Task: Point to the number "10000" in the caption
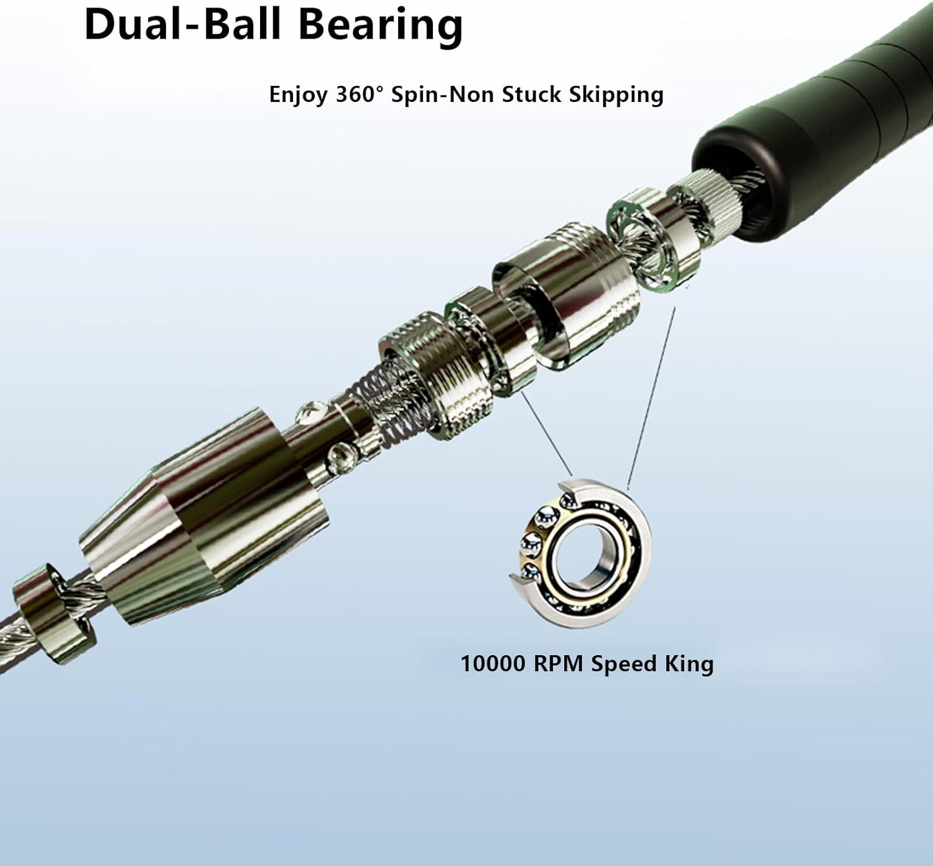point(493,663)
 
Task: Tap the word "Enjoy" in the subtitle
point(298,95)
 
